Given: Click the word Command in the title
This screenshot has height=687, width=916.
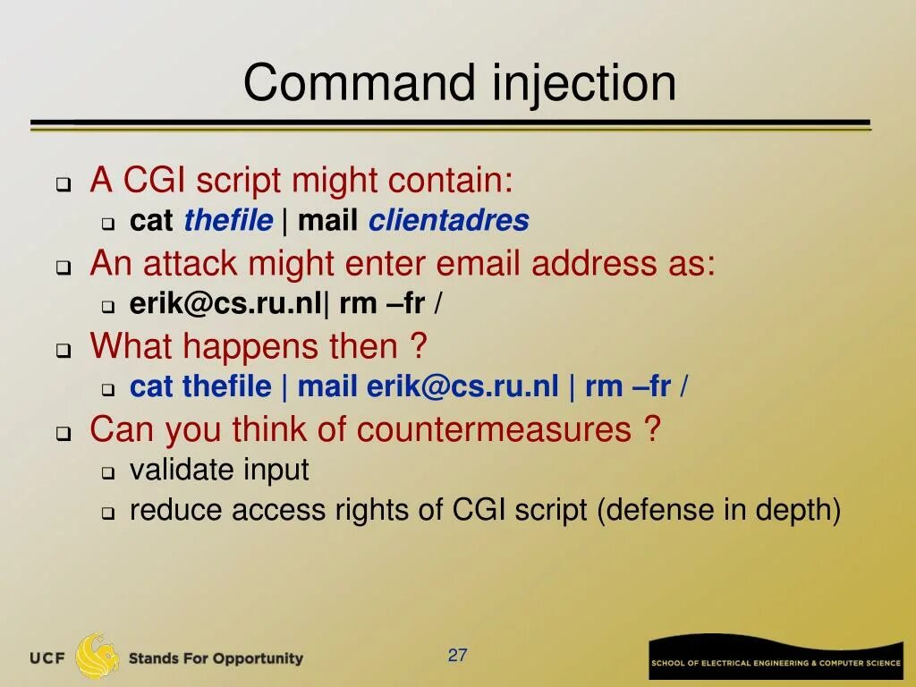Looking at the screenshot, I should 360,83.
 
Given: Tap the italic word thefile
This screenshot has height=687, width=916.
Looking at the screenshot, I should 228,220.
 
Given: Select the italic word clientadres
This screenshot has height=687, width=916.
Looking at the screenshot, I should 448,220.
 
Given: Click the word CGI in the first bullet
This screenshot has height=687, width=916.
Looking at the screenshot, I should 154,181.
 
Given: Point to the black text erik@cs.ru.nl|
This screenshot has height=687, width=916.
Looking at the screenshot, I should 230,304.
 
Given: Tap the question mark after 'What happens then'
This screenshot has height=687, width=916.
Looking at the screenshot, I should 419,346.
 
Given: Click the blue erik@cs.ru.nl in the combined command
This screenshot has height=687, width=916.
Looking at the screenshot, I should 462,386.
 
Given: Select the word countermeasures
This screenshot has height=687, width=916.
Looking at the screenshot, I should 494,429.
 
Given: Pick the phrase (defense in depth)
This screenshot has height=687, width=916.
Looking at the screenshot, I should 718,510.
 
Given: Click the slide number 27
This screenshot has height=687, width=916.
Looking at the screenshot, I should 458,656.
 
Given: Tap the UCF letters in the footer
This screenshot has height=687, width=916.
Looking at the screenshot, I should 47,658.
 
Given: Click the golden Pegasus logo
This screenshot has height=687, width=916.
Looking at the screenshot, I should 98,657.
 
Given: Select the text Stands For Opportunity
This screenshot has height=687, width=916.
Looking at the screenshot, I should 216,658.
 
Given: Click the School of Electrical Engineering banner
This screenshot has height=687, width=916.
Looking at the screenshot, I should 775,662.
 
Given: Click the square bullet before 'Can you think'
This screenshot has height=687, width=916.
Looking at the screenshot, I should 64,434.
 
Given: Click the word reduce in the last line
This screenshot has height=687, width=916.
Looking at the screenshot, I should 176,510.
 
